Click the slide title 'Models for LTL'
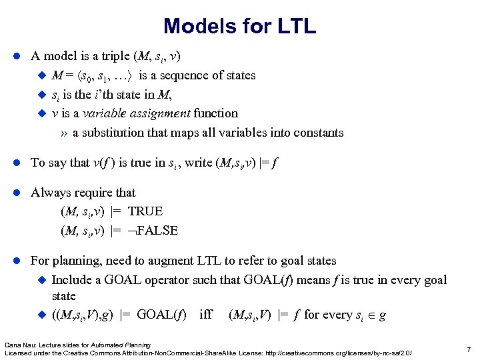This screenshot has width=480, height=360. tap(239, 26)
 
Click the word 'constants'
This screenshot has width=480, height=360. tap(317, 133)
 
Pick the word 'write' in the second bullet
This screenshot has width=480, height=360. tap(201, 163)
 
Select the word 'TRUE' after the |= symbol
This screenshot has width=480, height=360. tap(145, 212)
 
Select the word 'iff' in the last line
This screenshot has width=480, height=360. tap(207, 315)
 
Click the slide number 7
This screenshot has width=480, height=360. tap(469, 349)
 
